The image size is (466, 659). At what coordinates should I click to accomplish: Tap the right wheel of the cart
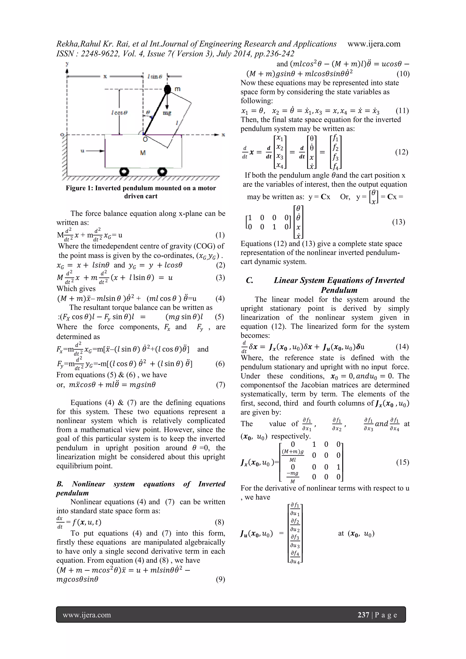(x=163, y=172)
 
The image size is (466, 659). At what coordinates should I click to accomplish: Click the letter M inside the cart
(x=143, y=153)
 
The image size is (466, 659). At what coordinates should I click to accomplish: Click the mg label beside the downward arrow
(x=167, y=113)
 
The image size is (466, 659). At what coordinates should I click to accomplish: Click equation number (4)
(x=220, y=299)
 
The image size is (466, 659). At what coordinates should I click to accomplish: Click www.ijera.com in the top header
(x=374, y=44)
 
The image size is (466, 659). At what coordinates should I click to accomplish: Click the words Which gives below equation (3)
(x=76, y=289)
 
